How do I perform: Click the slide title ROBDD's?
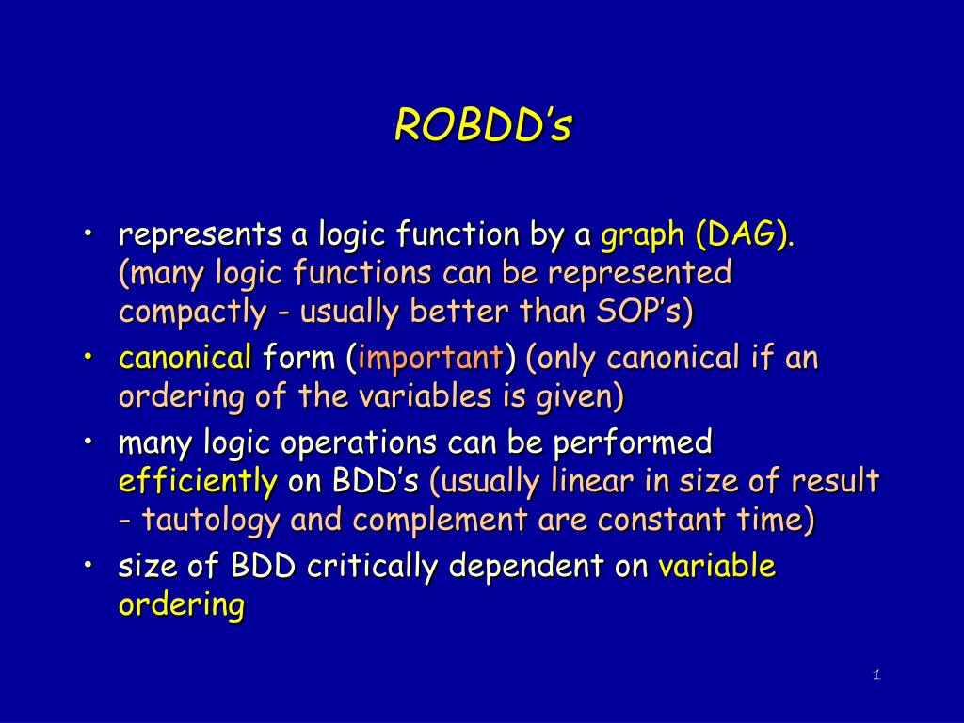pos(483,125)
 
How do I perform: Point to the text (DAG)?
pos(746,234)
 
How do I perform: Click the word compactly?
pos(192,312)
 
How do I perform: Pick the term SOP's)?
pos(645,311)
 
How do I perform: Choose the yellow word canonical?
pos(185,358)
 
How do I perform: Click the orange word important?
pos(430,358)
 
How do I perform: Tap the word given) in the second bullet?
pos(580,396)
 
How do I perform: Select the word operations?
pos(359,443)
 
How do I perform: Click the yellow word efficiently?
pos(198,481)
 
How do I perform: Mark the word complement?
pos(440,521)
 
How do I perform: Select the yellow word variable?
pos(716,566)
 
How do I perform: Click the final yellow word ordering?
pos(182,605)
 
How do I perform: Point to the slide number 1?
pos(876,675)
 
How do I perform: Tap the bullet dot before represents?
pos(88,233)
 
